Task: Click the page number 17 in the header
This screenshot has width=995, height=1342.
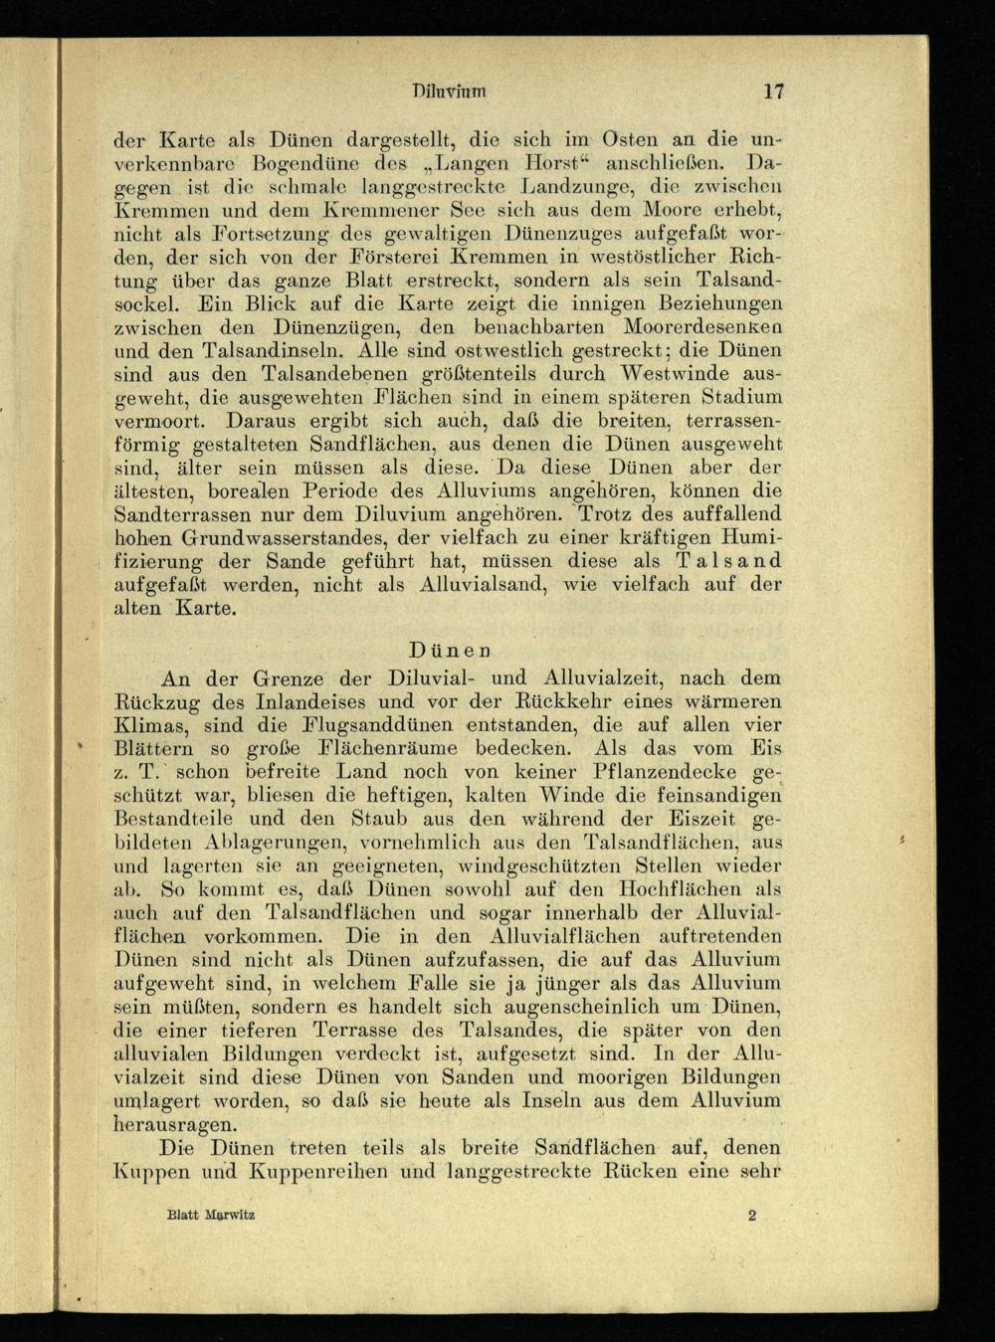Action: tap(774, 93)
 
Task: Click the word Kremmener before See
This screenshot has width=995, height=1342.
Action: tap(382, 209)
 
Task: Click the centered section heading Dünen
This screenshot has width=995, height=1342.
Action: tap(450, 652)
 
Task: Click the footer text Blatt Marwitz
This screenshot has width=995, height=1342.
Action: tap(211, 1216)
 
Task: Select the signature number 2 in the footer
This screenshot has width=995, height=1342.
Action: tap(752, 1216)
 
